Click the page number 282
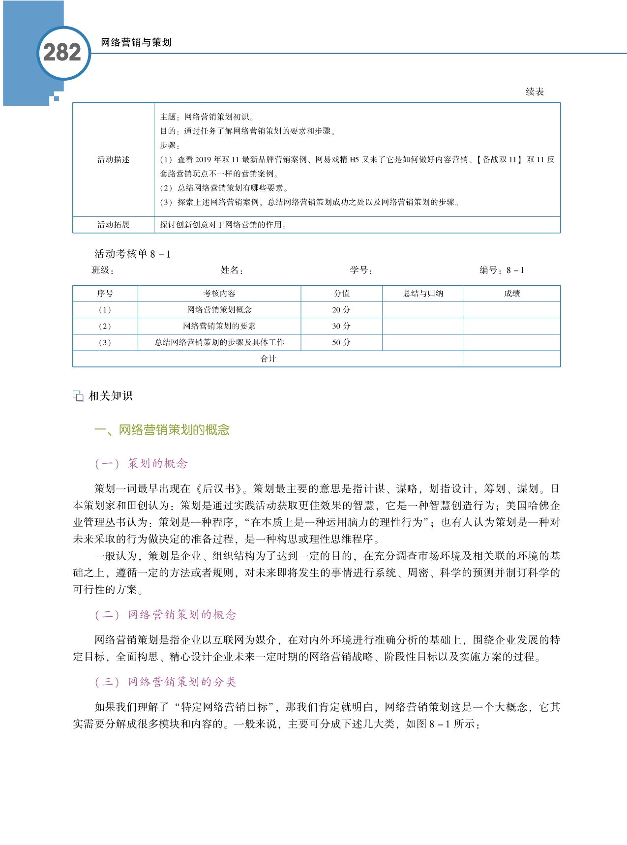click(x=62, y=53)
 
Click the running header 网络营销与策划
click(x=136, y=42)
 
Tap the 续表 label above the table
click(x=535, y=92)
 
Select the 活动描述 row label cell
click(x=113, y=159)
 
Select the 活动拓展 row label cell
click(x=113, y=225)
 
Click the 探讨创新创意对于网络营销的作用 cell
click(x=223, y=225)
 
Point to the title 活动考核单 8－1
click(x=132, y=254)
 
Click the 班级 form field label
click(x=102, y=270)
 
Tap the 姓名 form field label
click(x=232, y=270)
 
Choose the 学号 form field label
click(x=361, y=270)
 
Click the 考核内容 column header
click(x=219, y=294)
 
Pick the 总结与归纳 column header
click(x=423, y=294)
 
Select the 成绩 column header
click(x=512, y=294)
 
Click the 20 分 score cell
click(x=341, y=310)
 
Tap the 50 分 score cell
click(x=341, y=342)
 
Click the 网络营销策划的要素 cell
click(x=219, y=326)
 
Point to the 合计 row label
click(x=268, y=359)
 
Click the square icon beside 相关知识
click(x=78, y=396)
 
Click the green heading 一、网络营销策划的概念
click(x=162, y=430)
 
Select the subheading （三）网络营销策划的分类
click(x=165, y=682)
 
